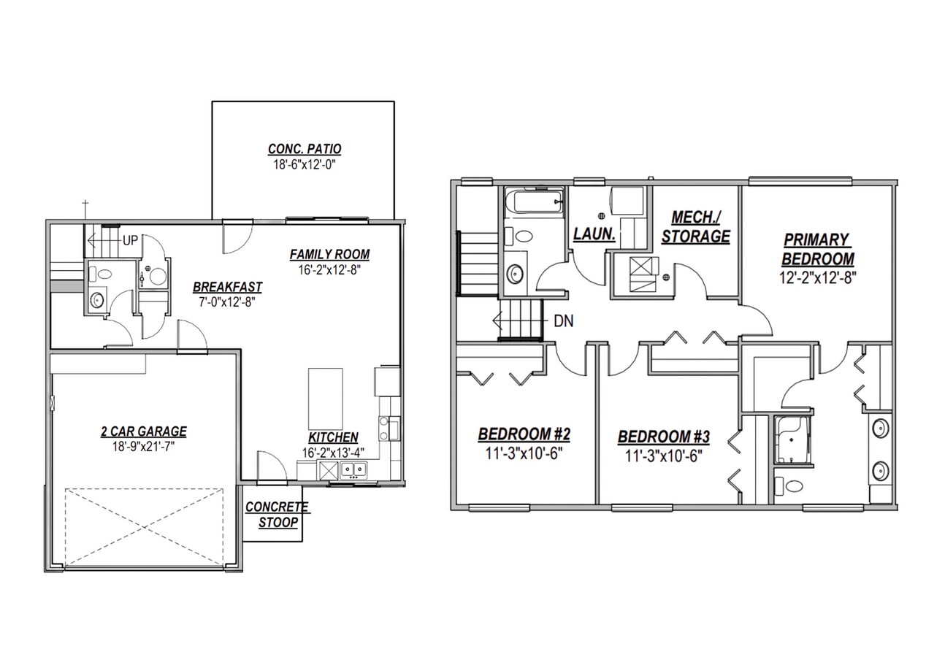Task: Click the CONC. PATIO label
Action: [304, 150]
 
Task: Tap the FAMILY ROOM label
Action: [329, 255]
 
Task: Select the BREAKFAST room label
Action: [227, 287]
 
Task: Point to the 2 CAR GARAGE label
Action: [143, 431]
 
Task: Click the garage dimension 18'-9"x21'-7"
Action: [143, 445]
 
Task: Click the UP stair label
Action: [131, 239]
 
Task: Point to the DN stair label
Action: [563, 320]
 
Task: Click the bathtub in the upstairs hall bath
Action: [534, 200]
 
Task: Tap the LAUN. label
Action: [594, 235]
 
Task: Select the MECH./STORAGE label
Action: [700, 227]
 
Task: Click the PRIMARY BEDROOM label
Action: [817, 249]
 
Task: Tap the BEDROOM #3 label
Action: [663, 437]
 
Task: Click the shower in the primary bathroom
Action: [793, 439]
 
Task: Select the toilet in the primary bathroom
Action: [789, 485]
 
